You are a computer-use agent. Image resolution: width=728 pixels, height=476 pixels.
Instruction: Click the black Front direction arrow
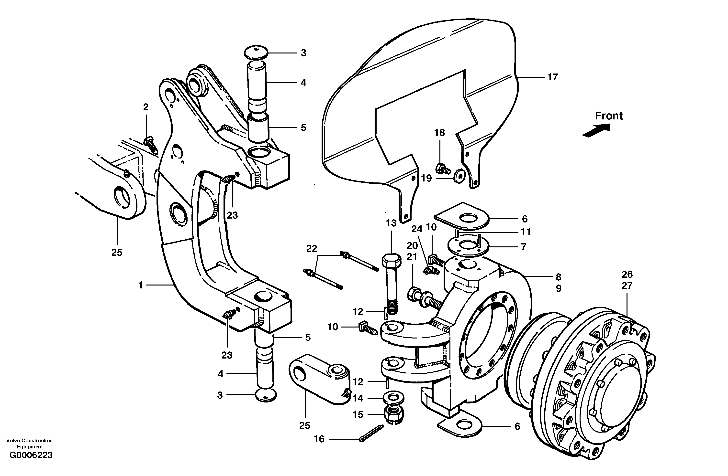596,130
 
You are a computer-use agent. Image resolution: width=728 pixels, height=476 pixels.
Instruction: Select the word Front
608,116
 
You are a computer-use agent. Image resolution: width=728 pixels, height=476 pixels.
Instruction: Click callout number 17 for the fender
552,77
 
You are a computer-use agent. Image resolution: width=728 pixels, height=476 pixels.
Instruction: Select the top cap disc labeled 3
256,52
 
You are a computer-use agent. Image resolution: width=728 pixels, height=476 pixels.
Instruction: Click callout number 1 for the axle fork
140,285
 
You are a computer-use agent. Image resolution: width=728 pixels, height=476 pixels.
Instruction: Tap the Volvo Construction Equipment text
29,443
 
